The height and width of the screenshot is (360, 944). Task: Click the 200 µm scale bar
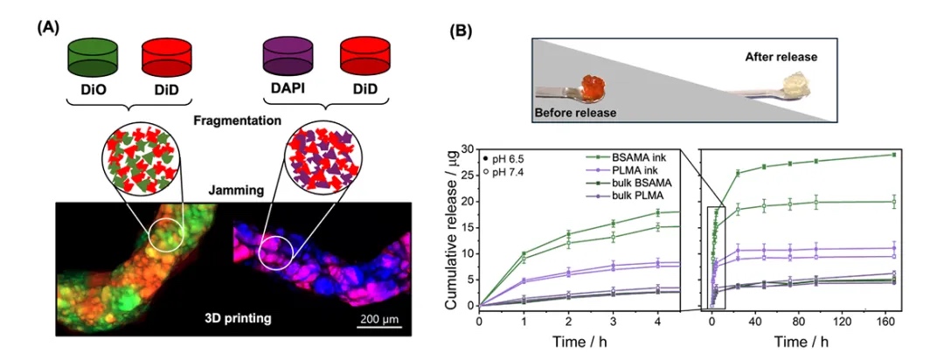pos(378,329)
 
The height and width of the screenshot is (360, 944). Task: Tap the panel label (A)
pos(47,26)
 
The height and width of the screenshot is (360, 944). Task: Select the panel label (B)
pos(461,31)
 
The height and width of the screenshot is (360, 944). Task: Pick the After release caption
pos(781,57)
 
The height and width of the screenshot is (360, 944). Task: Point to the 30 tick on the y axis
pos(468,149)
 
